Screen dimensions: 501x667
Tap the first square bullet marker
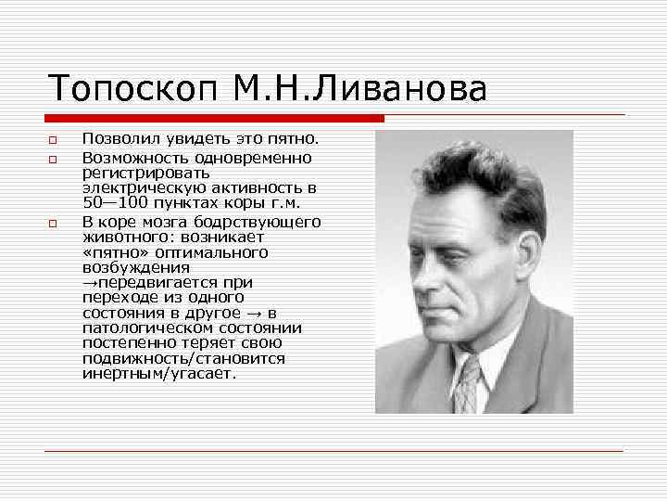pyautogui.click(x=54, y=141)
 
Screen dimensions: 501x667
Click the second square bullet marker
pyautogui.click(x=54, y=159)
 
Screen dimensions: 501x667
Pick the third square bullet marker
pyautogui.click(x=54, y=224)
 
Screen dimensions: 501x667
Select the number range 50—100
pyautogui.click(x=115, y=202)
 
